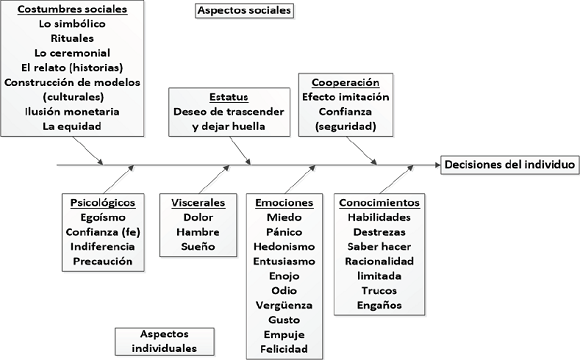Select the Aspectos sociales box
point(244,12)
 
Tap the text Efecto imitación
point(340,96)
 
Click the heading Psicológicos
point(98,201)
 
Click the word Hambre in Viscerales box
point(200,231)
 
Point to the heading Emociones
point(285,201)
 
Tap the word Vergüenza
point(285,304)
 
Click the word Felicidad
point(285,349)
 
